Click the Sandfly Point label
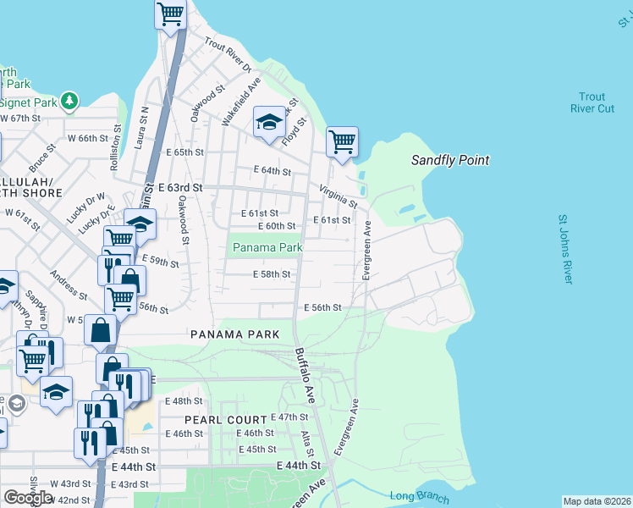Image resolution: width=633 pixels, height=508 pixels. click(x=449, y=160)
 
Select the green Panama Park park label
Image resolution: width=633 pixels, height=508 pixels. click(x=267, y=247)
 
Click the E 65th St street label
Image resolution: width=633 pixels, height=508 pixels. click(x=186, y=152)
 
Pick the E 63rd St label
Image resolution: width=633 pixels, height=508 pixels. click(x=181, y=187)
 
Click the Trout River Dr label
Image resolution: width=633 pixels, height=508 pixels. click(x=228, y=54)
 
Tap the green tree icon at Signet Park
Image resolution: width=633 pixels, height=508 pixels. click(x=69, y=102)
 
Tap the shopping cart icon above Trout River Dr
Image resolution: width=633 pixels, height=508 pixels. click(x=171, y=14)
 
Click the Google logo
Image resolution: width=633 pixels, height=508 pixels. click(x=28, y=497)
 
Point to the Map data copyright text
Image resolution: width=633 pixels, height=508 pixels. click(x=597, y=501)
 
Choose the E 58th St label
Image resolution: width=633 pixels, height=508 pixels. click(x=272, y=274)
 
